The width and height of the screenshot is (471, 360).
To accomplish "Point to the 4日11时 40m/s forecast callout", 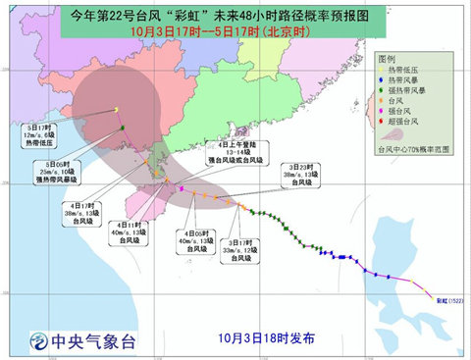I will tap(129, 233).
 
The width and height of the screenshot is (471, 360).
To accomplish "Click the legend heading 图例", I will tap(388, 59).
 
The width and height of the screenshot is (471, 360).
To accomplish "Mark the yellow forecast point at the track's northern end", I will tap(115, 109).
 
